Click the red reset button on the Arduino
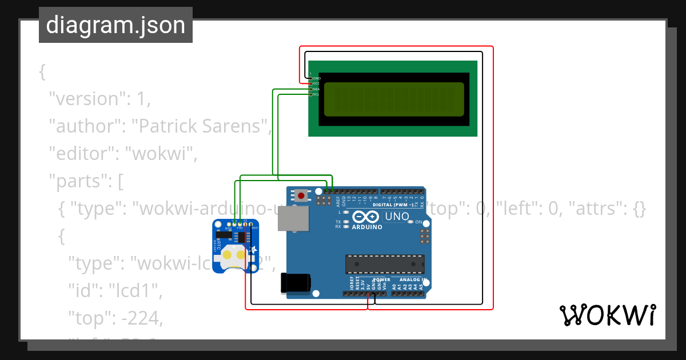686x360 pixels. pos(301,195)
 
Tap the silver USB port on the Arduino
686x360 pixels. pos(293,218)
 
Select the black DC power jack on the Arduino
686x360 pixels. pos(296,283)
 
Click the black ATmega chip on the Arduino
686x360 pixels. pos(385,264)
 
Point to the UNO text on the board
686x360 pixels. pos(397,217)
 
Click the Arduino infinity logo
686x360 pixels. pos(366,217)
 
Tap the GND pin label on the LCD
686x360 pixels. pos(316,78)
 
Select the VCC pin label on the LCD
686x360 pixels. pos(316,83)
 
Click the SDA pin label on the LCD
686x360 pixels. pos(316,89)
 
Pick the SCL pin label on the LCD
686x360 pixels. pos(316,94)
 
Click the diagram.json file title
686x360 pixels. pos(115,25)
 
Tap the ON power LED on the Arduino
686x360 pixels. pos(418,222)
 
